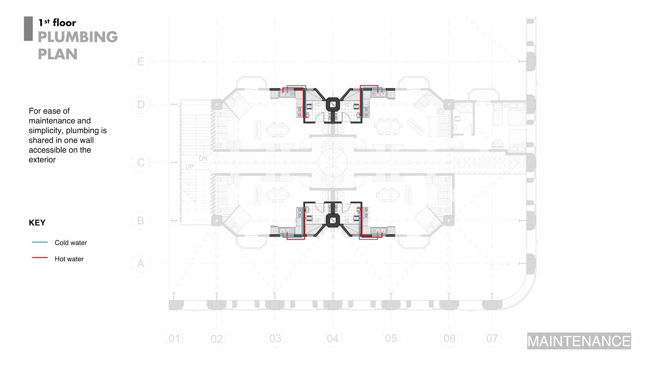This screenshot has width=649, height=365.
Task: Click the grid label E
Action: pos(141,62)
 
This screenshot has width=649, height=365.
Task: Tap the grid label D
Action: pos(141,104)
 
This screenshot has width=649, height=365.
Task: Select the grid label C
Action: pos(141,163)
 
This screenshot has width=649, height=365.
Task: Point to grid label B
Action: pos(141,220)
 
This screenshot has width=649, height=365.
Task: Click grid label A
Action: pos(141,264)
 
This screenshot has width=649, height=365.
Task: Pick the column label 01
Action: pos(174,338)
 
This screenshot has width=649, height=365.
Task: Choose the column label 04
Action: pos(333,338)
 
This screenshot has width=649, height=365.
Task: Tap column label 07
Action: pos(492,338)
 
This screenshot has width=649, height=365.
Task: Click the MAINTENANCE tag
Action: pos(579,341)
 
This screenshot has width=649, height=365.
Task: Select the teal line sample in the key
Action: pos(40,242)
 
